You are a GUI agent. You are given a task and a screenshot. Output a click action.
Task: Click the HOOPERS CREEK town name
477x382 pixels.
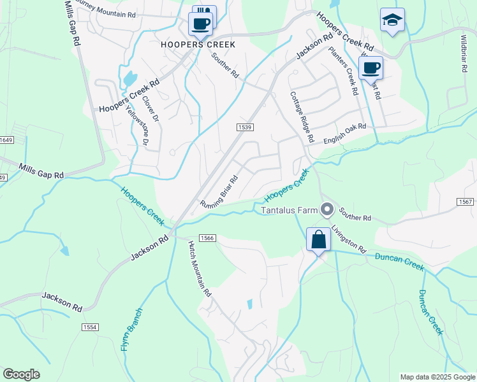[198, 45]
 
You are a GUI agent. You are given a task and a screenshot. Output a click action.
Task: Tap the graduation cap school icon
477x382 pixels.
[392, 20]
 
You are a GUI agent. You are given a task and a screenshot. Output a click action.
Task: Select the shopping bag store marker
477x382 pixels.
[318, 241]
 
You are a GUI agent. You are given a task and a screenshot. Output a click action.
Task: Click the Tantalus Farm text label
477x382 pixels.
[290, 209]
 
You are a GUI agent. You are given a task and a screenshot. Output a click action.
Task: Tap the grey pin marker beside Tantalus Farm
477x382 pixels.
[328, 209]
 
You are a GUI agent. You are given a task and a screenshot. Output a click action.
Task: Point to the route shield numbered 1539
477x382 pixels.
[247, 127]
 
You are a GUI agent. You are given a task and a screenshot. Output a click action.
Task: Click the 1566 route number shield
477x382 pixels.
[207, 237]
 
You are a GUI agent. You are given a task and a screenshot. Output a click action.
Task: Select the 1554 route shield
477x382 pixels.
[90, 327]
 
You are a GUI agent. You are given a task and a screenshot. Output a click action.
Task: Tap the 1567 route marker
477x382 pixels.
[465, 202]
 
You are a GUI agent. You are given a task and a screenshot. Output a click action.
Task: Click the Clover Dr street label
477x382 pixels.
[150, 109]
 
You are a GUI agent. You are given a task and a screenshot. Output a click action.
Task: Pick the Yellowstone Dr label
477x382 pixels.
[136, 125]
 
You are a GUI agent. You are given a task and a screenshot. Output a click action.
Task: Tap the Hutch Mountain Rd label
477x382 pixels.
[199, 269]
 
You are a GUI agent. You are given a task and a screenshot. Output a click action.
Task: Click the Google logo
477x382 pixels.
[21, 374]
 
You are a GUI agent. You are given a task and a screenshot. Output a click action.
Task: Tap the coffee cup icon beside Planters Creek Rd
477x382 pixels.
[371, 67]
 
